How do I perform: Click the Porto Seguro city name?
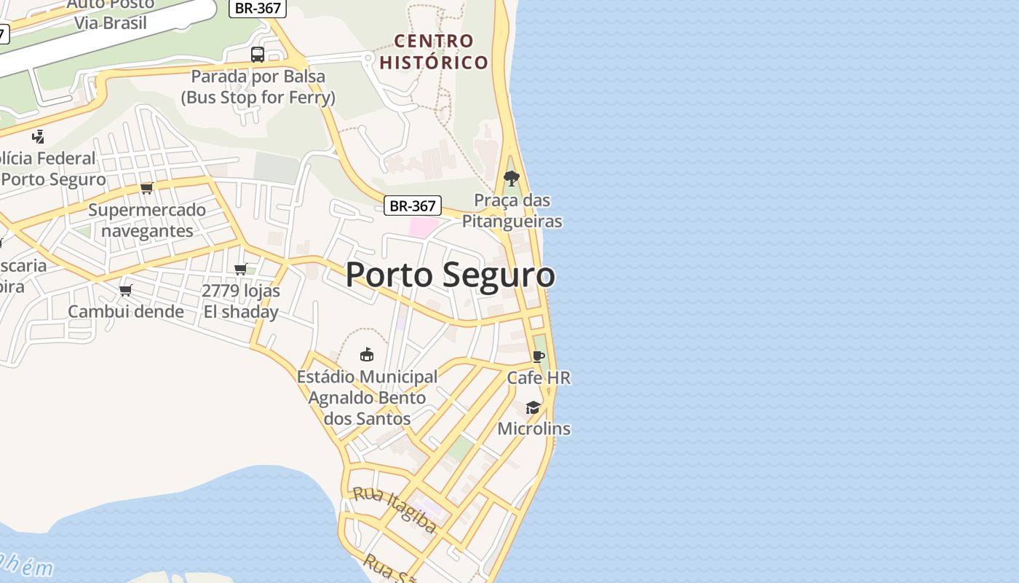pos(450,275)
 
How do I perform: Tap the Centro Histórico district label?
pos(434,51)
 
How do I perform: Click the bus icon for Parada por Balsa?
pos(258,55)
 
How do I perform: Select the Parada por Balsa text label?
pos(258,87)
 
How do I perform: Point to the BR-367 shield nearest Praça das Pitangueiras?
pos(413,206)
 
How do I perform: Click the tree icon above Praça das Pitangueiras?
pos(512,179)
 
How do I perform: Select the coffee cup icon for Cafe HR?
pos(538,356)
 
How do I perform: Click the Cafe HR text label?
pos(539,377)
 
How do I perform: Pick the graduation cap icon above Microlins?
pos(534,407)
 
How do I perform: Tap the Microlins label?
pos(534,429)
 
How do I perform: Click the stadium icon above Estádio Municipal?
pos(367,354)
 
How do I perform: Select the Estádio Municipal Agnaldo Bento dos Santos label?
pos(367,397)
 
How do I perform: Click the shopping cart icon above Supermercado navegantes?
pos(147,188)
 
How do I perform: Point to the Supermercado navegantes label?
pos(147,220)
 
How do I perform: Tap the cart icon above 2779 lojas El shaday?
pos(241,269)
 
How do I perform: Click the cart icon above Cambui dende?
pos(126,291)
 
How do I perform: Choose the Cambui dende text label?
pos(126,312)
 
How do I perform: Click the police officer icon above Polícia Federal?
pos(38,136)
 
